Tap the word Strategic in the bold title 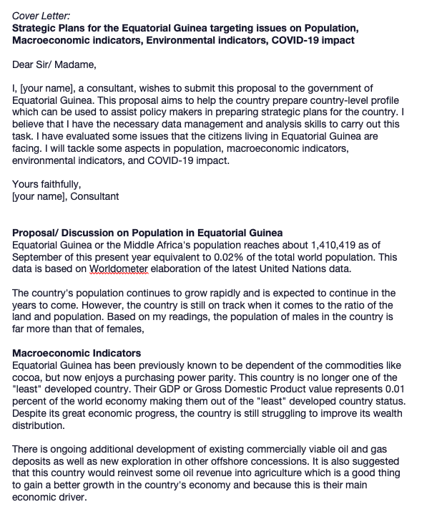[37, 28]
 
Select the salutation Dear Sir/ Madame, [54, 65]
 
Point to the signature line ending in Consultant [66, 195]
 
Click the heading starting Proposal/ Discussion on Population [147, 233]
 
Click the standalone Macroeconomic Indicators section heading [77, 354]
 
